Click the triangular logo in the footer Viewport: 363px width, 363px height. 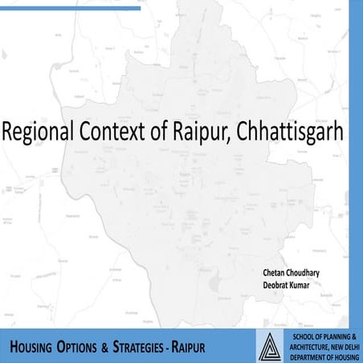[272, 345]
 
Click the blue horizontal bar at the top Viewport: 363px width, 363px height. [72, 8]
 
